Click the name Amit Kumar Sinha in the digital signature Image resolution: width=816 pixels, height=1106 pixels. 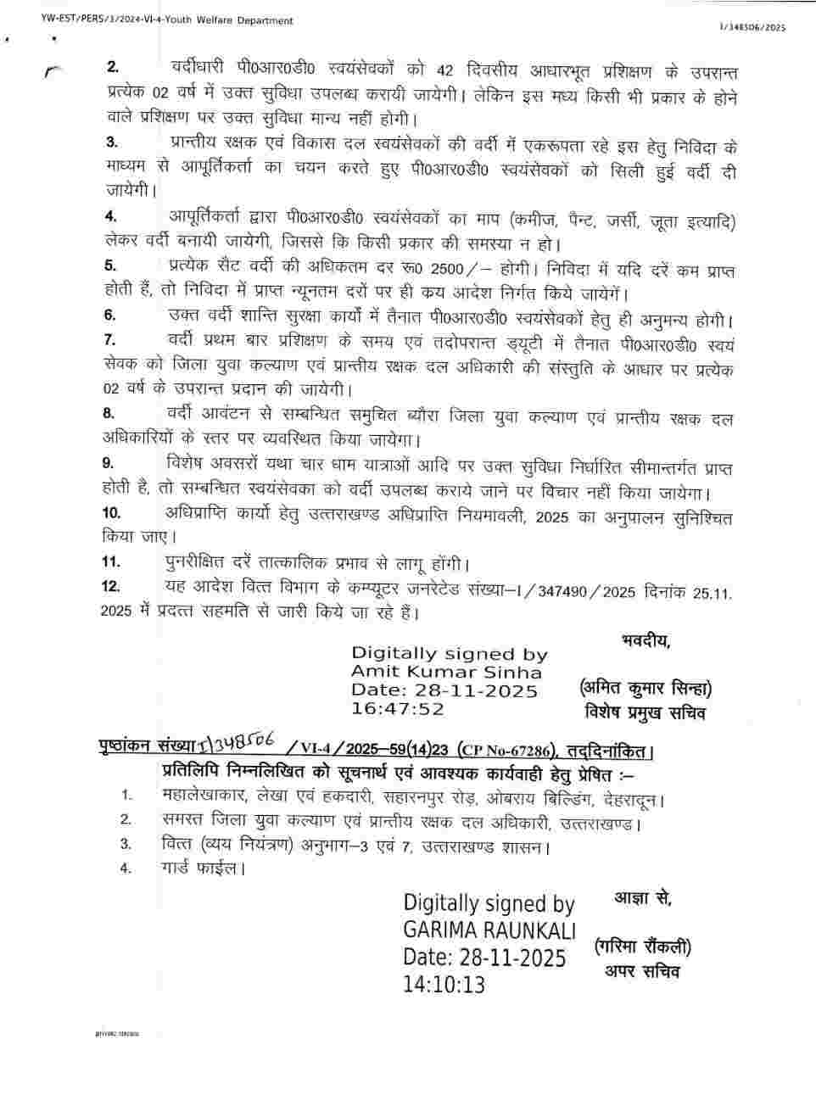tap(446, 672)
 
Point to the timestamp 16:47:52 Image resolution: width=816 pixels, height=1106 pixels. tap(398, 708)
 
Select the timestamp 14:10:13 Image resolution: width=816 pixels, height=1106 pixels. tap(444, 984)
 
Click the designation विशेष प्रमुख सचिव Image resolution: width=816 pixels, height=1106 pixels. tap(644, 712)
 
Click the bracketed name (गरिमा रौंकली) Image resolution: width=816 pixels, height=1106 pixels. tap(642, 947)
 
